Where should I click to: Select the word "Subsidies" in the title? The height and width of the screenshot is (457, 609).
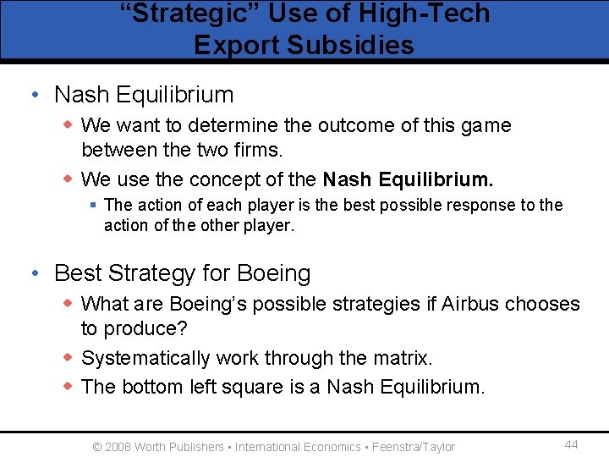tap(352, 44)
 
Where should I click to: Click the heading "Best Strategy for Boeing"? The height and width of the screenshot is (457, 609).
tap(182, 273)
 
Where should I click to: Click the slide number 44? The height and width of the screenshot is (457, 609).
tap(571, 445)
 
